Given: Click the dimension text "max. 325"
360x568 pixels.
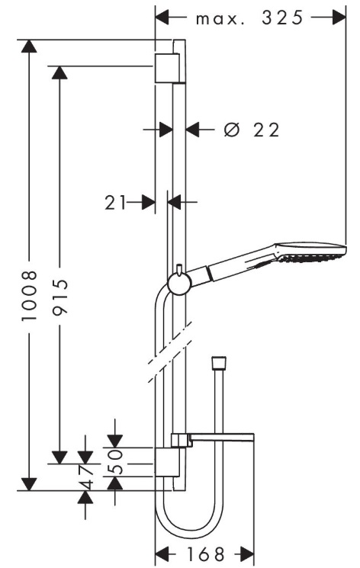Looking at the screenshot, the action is point(249,18).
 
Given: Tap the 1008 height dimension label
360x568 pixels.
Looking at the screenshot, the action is point(30,295).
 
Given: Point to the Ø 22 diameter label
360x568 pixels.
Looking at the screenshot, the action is point(252,130).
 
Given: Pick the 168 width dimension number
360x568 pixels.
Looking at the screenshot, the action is point(206,554).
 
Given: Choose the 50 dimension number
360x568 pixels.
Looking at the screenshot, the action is point(116,461).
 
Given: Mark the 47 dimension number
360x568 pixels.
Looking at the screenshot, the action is point(85,477).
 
